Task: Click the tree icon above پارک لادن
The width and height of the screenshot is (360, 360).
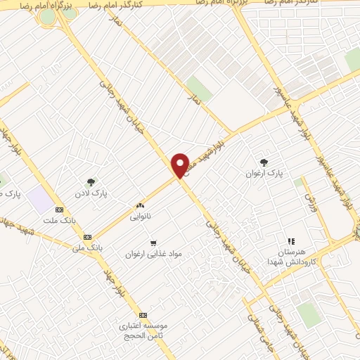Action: [91, 181]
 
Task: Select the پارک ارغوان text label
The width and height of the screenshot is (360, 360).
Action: [263, 172]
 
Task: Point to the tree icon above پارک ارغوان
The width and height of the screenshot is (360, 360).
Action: [264, 162]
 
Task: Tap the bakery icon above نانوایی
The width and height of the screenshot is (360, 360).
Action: [139, 205]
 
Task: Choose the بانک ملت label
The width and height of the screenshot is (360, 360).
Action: [58, 220]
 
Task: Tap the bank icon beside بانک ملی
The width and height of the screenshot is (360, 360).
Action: [88, 237]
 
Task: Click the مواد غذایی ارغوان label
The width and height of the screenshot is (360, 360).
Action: [154, 252]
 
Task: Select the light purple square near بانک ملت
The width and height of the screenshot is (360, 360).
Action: [42, 200]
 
